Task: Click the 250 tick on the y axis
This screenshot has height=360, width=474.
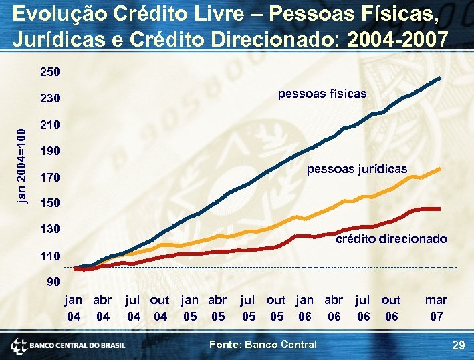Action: click(x=50, y=71)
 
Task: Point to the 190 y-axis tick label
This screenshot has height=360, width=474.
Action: click(x=50, y=151)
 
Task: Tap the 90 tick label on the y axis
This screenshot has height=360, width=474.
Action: click(x=53, y=282)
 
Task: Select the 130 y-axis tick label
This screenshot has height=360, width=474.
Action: click(x=50, y=229)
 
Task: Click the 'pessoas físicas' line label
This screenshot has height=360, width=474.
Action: click(x=322, y=94)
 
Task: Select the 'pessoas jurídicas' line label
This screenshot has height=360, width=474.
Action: click(x=356, y=169)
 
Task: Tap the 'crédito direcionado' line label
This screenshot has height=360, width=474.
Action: click(x=391, y=238)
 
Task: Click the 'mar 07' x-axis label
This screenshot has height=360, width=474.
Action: click(x=436, y=308)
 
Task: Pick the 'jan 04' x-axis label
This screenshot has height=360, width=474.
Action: click(x=74, y=308)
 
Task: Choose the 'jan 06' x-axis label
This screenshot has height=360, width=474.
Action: click(x=304, y=308)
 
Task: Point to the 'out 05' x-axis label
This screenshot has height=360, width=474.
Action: click(x=275, y=308)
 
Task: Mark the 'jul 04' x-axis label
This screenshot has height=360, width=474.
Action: click(x=134, y=308)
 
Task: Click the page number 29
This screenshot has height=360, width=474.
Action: click(x=458, y=345)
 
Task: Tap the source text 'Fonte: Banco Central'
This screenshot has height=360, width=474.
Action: click(x=263, y=344)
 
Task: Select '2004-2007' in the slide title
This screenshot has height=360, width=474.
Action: click(x=398, y=39)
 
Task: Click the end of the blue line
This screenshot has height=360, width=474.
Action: click(x=441, y=78)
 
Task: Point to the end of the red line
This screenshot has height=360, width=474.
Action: click(x=439, y=209)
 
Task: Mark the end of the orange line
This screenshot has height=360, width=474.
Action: click(x=440, y=168)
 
